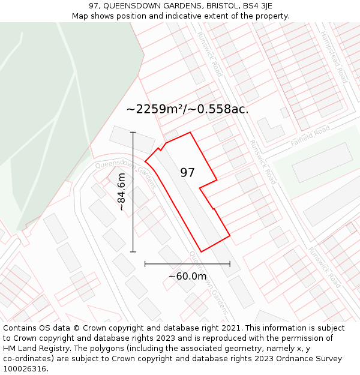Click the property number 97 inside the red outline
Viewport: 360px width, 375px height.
click(188, 173)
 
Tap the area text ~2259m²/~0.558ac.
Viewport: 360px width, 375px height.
click(187, 109)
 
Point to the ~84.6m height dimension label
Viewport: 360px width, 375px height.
click(121, 192)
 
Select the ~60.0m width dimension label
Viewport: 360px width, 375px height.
click(187, 276)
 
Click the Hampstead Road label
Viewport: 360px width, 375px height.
click(334, 57)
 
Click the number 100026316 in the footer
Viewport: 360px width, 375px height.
click(25, 369)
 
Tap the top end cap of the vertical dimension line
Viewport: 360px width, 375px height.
click(133, 132)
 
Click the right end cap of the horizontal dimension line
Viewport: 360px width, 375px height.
click(230, 263)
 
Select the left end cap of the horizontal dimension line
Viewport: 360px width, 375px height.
click(145, 263)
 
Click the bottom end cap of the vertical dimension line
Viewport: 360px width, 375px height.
click(133, 252)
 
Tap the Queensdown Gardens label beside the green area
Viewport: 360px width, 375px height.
click(125, 173)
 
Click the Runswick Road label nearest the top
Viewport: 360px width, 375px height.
click(210, 54)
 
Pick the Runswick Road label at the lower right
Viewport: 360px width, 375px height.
click(324, 267)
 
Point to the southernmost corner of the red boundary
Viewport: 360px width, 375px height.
click(201, 251)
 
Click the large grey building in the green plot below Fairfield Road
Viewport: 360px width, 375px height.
click(322, 162)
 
